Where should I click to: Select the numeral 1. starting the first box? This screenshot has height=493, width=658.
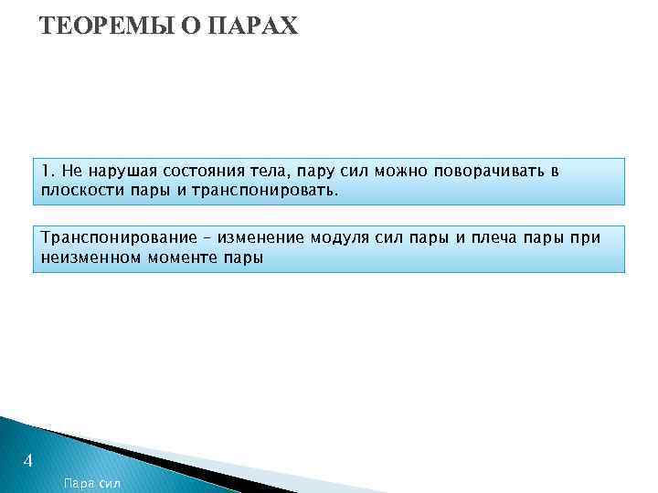(48, 173)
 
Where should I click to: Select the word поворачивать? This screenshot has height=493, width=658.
(486, 173)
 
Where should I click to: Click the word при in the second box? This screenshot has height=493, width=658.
(586, 238)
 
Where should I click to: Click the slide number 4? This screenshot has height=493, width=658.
(28, 462)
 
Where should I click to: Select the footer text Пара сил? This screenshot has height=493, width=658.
(92, 482)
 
